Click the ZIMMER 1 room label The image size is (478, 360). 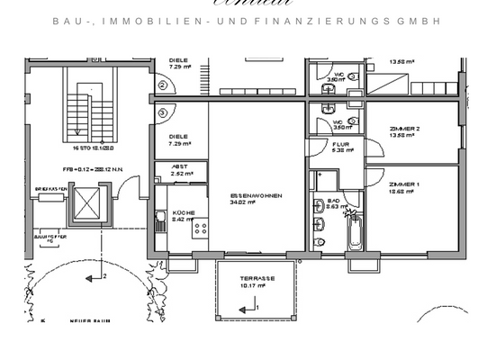(404, 184)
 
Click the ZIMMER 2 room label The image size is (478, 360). (404, 130)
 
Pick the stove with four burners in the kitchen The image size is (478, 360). (199, 227)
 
